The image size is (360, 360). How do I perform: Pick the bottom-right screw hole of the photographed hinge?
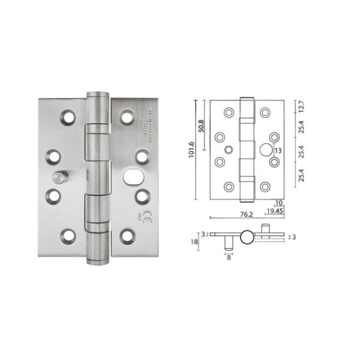[127, 236]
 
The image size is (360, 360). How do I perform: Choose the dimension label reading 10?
[278, 203]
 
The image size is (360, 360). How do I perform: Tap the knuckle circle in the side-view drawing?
[247, 237]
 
